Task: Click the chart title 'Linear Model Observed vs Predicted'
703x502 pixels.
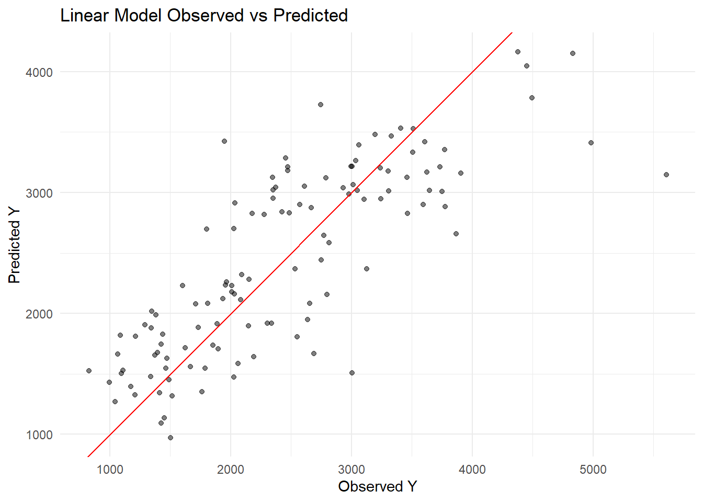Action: [204, 16]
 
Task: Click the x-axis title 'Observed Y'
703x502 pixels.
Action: [377, 486]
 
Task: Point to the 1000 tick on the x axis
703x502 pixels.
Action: [110, 470]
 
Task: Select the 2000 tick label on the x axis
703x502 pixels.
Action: [231, 470]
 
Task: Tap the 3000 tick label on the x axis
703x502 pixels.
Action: [351, 470]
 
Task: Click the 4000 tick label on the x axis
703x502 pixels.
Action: [472, 470]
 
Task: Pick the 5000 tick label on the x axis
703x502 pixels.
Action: [593, 470]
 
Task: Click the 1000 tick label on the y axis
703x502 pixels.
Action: [39, 435]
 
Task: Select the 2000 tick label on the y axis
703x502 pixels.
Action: [39, 314]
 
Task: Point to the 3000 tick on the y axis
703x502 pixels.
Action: [39, 193]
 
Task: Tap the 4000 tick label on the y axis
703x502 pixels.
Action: [39, 72]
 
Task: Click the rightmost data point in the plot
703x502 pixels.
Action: [666, 175]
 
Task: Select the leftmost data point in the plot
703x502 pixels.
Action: [89, 371]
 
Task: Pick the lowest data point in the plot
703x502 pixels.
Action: [171, 438]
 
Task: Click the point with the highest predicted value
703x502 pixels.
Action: [518, 52]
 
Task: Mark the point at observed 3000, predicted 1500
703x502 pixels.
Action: [352, 373]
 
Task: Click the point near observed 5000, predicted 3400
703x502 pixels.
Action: [591, 143]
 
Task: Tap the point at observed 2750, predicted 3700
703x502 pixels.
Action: [321, 105]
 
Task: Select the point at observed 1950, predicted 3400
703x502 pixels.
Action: [224, 141]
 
